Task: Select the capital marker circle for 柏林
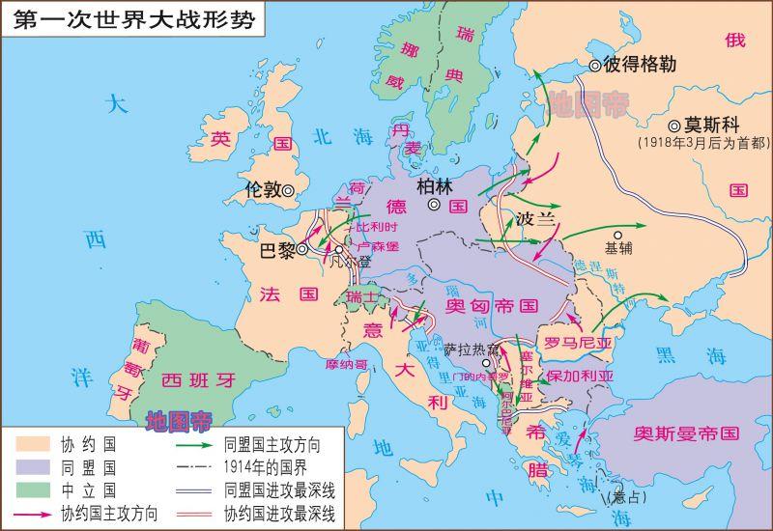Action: click(x=435, y=206)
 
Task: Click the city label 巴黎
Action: click(x=279, y=250)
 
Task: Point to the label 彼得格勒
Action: click(x=640, y=66)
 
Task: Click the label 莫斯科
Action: click(x=716, y=126)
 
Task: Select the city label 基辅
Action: click(x=618, y=247)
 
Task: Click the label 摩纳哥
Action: click(x=348, y=366)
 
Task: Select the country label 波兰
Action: click(x=537, y=219)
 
